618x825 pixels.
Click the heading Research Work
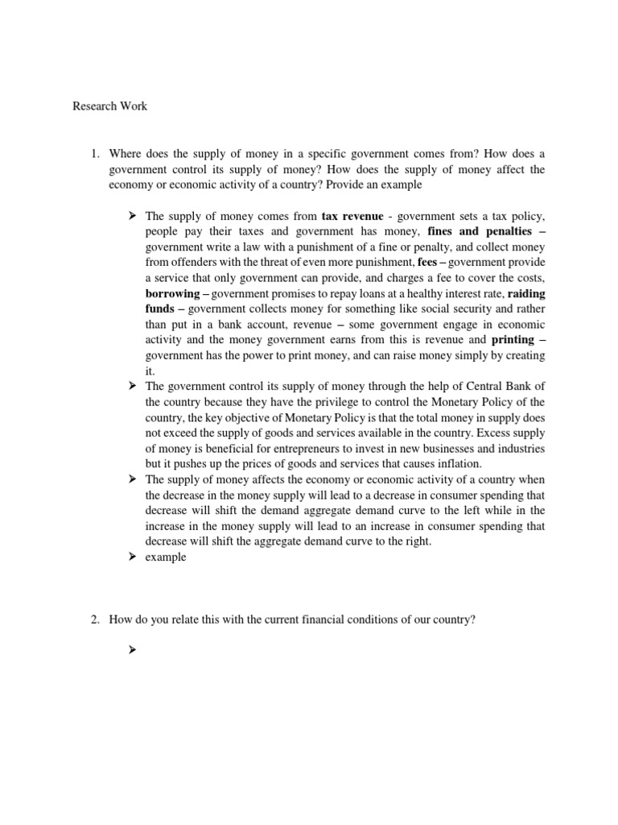tap(110, 106)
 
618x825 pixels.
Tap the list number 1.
tap(93, 153)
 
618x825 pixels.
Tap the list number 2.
tap(93, 620)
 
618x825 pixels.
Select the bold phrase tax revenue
tap(352, 216)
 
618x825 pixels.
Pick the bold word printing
tap(512, 340)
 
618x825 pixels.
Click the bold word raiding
tap(525, 293)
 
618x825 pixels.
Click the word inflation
tap(457, 463)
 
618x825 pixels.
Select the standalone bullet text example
tap(166, 557)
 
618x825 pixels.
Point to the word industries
tap(518, 448)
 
